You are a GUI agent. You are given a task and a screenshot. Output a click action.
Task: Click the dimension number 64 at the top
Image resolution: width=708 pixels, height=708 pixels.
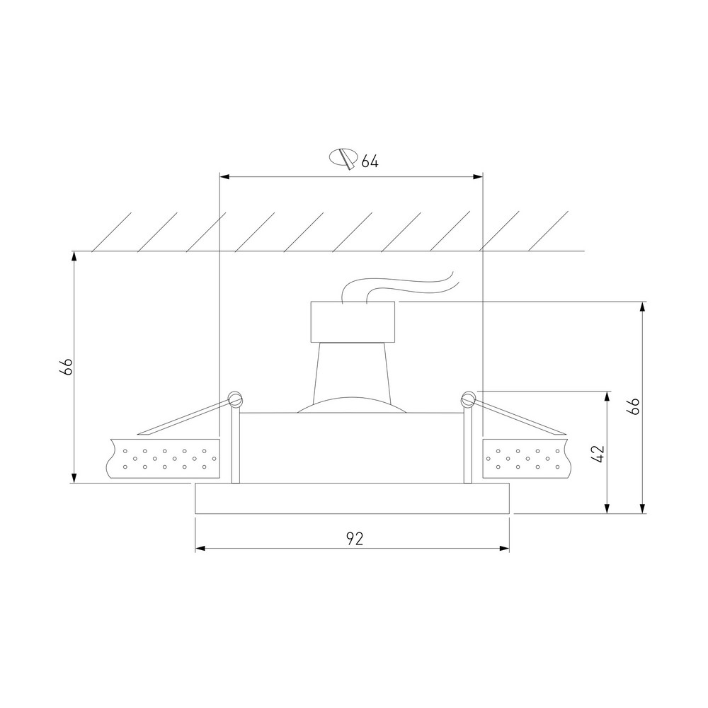point(370,161)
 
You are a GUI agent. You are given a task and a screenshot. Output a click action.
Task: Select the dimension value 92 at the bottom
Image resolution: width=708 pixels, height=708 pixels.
point(355,538)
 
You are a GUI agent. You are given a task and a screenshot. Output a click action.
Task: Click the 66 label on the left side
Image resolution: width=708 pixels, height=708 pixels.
point(66,367)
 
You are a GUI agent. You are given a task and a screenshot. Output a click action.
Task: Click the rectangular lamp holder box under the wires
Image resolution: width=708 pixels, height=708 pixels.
point(353,322)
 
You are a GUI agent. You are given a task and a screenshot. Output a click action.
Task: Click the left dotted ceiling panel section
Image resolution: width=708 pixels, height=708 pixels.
point(163,458)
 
